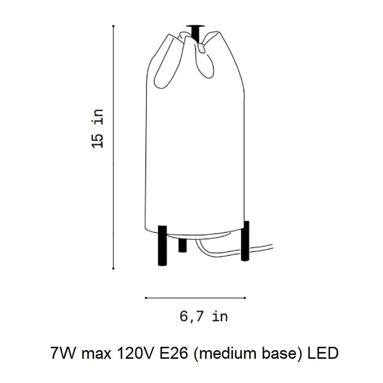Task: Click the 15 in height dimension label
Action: [98, 129]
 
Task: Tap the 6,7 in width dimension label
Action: [204, 317]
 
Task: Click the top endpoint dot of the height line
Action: [113, 26]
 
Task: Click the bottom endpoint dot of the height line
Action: [113, 269]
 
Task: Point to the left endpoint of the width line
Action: [146, 298]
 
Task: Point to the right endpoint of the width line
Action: [245, 298]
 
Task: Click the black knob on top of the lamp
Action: [195, 33]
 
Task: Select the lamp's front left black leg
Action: [162, 245]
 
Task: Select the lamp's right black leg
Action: [245, 241]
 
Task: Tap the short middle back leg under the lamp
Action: [183, 245]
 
